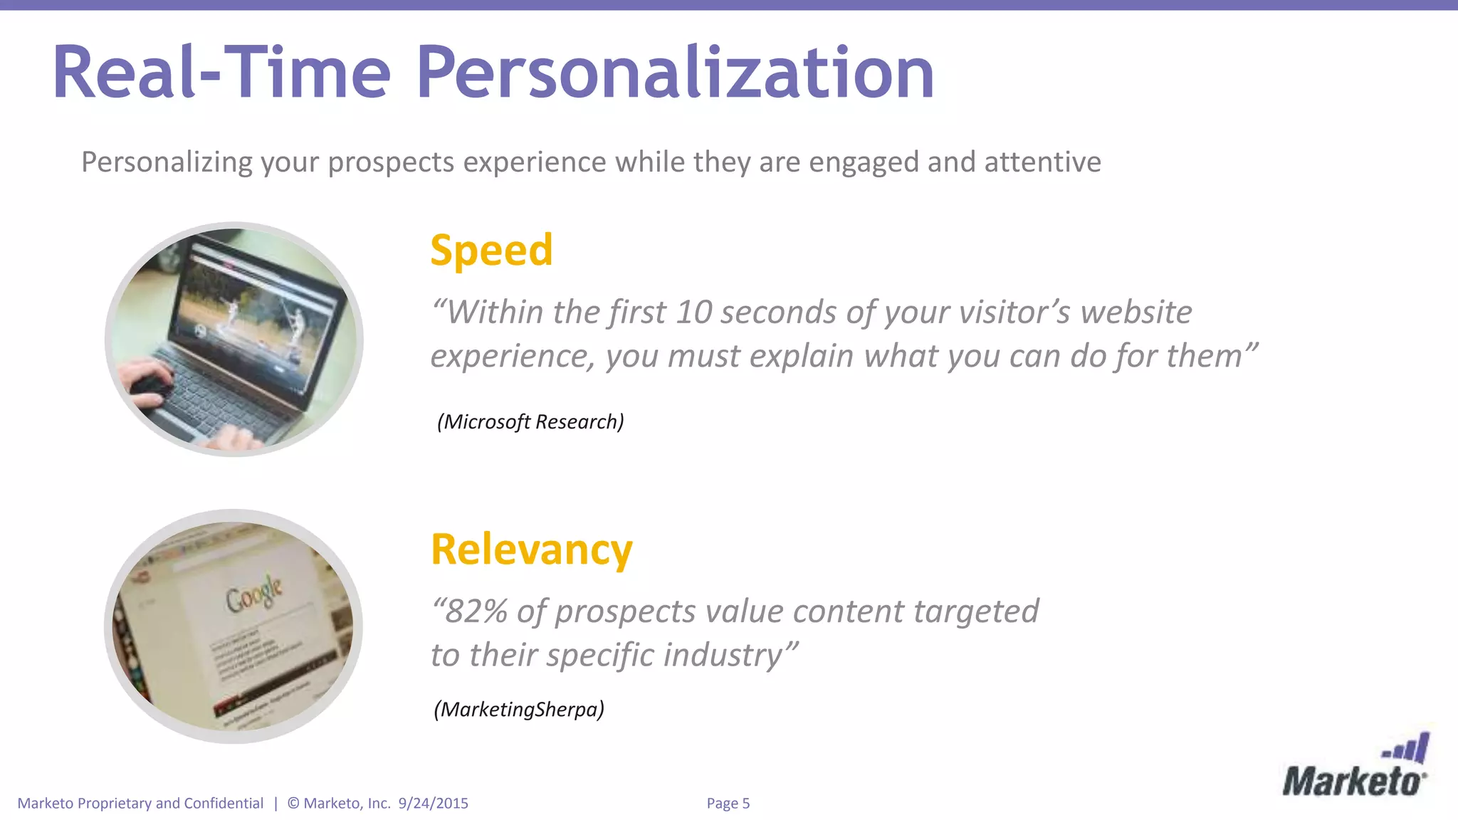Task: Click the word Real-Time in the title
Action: pos(221,73)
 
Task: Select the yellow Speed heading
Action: pos(491,251)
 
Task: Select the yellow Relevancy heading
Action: pos(531,550)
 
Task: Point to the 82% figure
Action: pos(476,611)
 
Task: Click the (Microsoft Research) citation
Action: pos(530,421)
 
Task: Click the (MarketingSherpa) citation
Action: pos(519,709)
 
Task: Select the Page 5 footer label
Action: pos(728,803)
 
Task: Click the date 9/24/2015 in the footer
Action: pos(433,803)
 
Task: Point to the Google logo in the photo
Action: pos(254,593)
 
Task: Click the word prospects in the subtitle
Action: pos(391,162)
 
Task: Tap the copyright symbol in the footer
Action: pos(293,803)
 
